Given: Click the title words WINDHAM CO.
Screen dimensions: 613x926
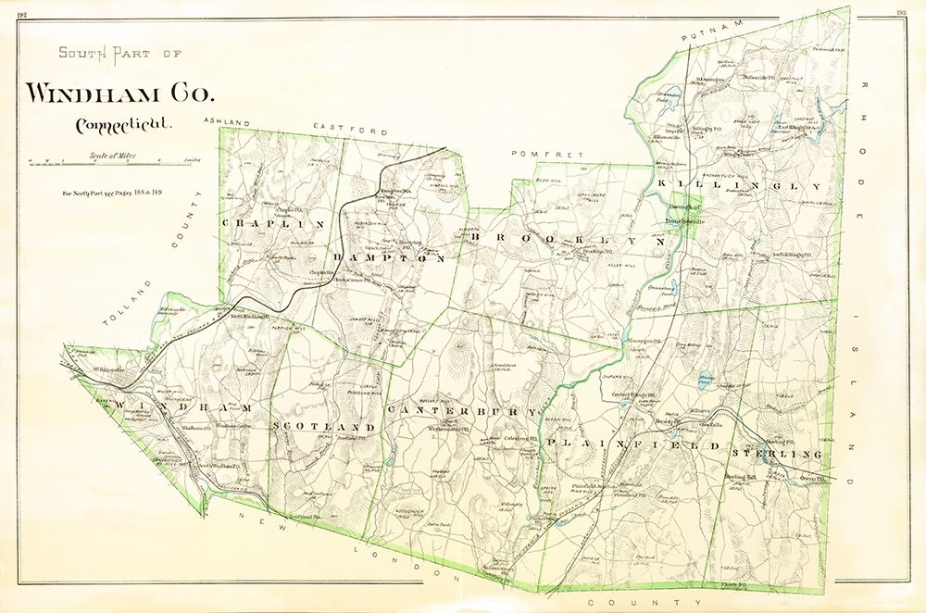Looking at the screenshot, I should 119,93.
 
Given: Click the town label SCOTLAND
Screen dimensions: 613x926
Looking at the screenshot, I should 324,427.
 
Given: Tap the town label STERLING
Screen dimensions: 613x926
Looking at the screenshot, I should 776,454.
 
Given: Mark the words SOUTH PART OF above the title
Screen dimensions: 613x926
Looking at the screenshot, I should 120,53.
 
